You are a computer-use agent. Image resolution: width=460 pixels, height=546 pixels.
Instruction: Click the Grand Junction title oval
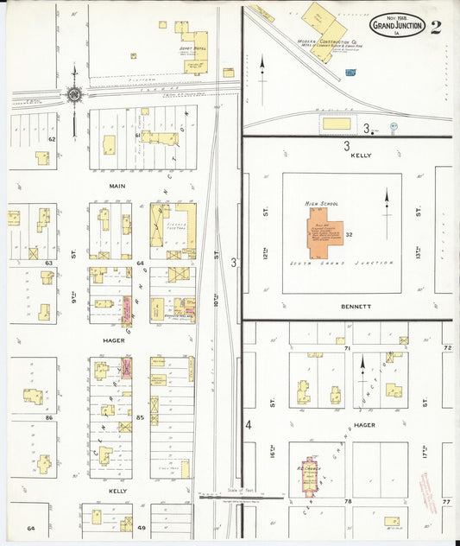[x=397, y=25]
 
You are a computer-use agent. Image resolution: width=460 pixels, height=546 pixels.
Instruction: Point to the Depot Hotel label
[x=194, y=48]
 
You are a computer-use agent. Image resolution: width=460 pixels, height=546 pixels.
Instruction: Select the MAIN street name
[x=117, y=185]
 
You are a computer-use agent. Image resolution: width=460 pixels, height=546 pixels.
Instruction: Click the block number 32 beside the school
[x=350, y=235]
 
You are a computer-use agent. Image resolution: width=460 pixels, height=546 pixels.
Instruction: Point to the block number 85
[x=139, y=418]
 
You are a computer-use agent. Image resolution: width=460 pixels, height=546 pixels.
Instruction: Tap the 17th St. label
[x=425, y=403]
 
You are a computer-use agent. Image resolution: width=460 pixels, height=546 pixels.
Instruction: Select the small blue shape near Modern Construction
[x=350, y=73]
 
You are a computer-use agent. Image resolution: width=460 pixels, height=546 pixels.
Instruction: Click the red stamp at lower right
[x=428, y=495]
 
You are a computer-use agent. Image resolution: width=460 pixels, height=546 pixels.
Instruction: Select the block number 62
[x=52, y=138]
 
